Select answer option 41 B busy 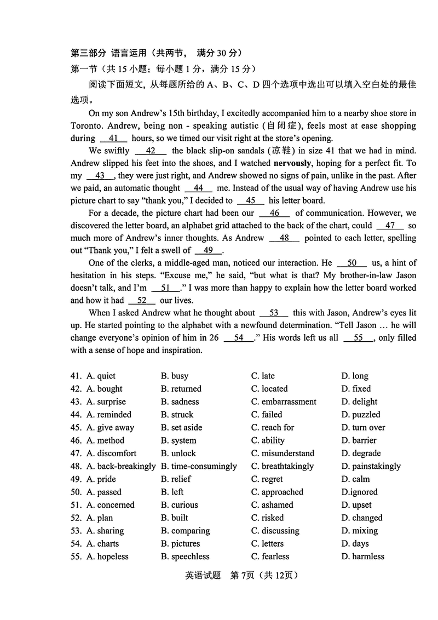tap(175, 376)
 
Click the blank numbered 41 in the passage tap(114, 139)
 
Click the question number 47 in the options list tap(76, 453)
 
